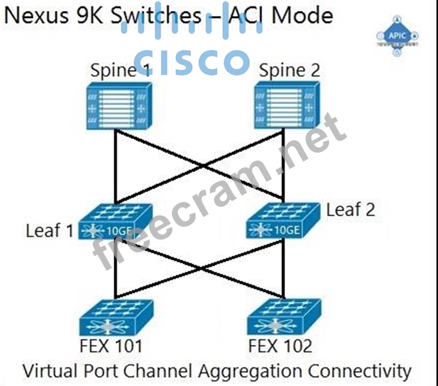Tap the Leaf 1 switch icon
(116, 222)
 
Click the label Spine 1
(120, 71)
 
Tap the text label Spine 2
(289, 70)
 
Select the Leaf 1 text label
(49, 230)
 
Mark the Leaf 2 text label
(351, 210)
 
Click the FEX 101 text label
(111, 347)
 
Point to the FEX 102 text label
(281, 347)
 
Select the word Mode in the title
(302, 15)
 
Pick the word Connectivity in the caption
(360, 371)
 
